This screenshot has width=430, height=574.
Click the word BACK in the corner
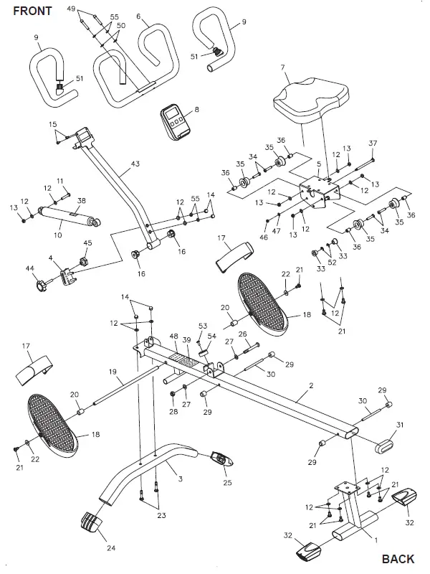point(398,559)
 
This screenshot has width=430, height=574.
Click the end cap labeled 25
point(221,458)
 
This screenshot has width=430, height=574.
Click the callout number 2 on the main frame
point(311,387)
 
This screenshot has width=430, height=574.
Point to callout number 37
point(372,143)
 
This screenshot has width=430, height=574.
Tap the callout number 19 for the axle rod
point(113,372)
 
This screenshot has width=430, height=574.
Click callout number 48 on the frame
point(174,337)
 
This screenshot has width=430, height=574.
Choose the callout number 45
point(88,243)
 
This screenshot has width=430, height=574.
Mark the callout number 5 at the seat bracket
point(318,164)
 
